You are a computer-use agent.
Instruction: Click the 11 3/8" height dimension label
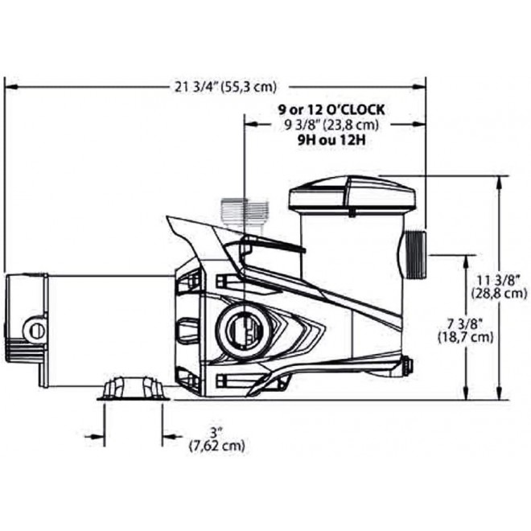[x=500, y=279]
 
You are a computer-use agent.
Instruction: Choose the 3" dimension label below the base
[x=216, y=432]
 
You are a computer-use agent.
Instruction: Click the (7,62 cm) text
[x=216, y=445]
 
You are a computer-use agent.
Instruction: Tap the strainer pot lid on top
[x=352, y=193]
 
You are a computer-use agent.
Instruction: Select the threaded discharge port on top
[x=242, y=213]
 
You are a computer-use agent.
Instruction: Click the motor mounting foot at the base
[x=134, y=389]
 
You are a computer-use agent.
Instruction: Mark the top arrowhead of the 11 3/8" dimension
[x=500, y=182]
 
